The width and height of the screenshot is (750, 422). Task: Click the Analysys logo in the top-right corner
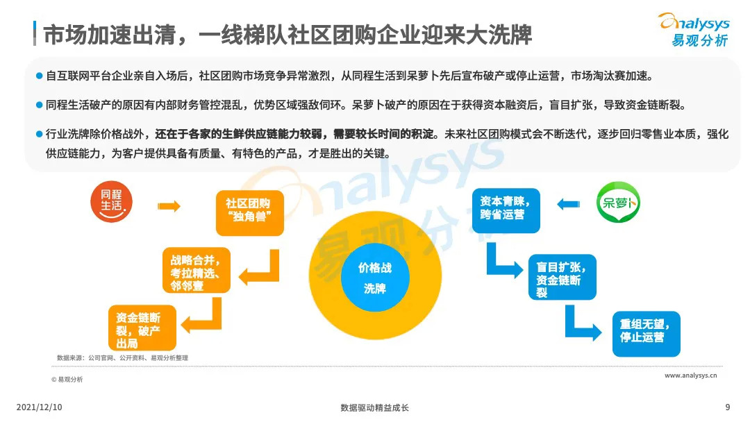click(694, 30)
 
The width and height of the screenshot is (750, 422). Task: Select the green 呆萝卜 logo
click(619, 203)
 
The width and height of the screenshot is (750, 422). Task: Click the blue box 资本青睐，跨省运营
click(506, 210)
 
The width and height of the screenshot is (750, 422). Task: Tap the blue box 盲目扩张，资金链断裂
click(562, 277)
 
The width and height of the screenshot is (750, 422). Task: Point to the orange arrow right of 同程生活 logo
click(169, 206)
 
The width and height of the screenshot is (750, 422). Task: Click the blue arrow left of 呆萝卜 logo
click(568, 204)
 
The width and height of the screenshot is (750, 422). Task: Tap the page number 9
click(727, 407)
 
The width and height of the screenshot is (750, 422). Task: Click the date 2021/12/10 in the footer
click(39, 407)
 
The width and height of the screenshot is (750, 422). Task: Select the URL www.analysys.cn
click(690, 375)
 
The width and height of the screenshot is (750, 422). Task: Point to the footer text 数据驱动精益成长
click(375, 407)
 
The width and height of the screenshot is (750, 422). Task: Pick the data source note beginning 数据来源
click(122, 357)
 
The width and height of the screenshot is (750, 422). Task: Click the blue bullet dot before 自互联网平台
click(40, 75)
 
